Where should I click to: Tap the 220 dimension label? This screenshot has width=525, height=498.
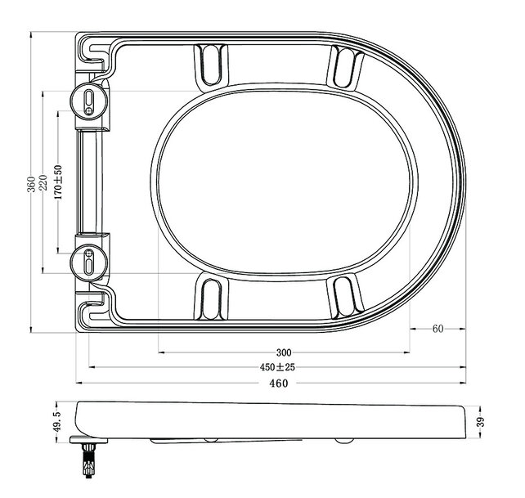pyautogui.click(x=43, y=185)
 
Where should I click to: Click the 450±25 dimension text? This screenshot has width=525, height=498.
pyautogui.click(x=277, y=367)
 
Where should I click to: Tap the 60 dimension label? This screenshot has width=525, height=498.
pyautogui.click(x=437, y=329)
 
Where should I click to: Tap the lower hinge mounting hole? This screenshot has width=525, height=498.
pyautogui.click(x=90, y=263)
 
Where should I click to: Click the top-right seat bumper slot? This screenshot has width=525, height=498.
pyautogui.click(x=347, y=62)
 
